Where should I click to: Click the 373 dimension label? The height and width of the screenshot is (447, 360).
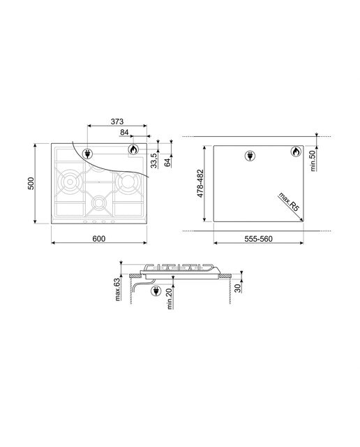[x=117, y=122]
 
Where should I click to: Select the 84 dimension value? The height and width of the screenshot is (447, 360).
[x=124, y=132]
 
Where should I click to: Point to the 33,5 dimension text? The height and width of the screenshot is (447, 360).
[x=154, y=160]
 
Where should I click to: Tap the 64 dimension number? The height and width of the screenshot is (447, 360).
[x=167, y=163]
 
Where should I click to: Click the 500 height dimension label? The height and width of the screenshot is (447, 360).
[x=31, y=183]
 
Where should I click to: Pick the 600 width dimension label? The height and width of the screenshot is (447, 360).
[x=99, y=239]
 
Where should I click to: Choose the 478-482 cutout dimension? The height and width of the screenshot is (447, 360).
[x=200, y=183]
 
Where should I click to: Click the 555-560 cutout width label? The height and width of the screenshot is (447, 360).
[x=258, y=239]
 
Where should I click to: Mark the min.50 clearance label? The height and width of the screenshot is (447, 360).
[x=313, y=161]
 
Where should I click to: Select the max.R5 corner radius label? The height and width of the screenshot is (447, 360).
[x=289, y=202]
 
